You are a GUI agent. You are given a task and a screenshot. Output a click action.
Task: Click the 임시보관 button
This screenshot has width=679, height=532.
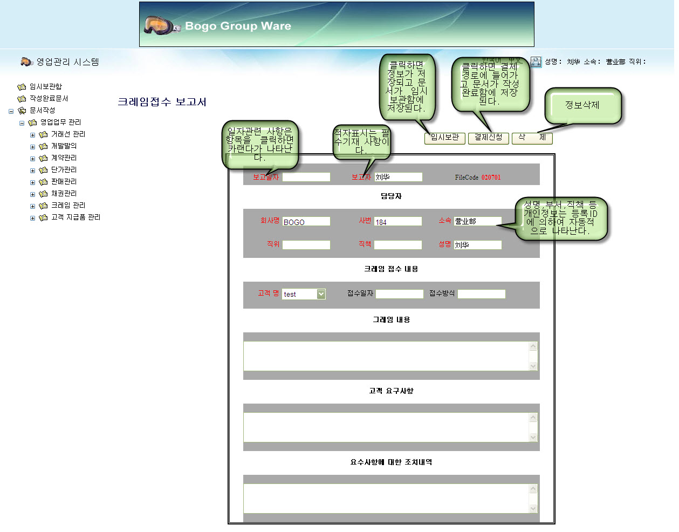[x=445, y=138]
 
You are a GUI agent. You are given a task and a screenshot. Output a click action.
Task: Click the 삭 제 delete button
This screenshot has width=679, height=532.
[x=532, y=138]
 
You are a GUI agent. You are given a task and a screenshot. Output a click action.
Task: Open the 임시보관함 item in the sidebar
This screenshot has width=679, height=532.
[x=45, y=86]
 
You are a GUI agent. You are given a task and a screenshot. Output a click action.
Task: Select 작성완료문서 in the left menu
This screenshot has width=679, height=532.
[x=49, y=98]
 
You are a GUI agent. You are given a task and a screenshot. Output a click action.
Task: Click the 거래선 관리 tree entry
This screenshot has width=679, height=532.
[x=68, y=134]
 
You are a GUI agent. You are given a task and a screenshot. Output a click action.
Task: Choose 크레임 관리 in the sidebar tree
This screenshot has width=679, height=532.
[x=68, y=205]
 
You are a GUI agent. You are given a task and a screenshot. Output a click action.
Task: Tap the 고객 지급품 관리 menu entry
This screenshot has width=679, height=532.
[x=76, y=217]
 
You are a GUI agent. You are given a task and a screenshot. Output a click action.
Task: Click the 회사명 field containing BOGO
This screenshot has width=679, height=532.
[x=306, y=222]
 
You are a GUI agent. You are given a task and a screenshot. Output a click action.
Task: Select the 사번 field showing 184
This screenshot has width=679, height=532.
[x=397, y=222]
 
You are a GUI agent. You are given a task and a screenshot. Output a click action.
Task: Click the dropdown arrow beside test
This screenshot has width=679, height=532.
[x=321, y=294]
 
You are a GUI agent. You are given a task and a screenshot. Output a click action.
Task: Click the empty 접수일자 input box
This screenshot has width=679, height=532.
[x=400, y=294]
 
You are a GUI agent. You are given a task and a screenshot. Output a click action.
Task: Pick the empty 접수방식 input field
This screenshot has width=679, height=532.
[x=481, y=294]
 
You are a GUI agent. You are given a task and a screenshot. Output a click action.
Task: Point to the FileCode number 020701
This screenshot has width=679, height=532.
[x=491, y=178]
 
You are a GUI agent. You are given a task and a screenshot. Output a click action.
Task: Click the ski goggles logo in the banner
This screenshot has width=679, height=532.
[x=161, y=25]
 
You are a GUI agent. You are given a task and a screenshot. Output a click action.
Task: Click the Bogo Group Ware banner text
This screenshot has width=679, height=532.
[x=238, y=26]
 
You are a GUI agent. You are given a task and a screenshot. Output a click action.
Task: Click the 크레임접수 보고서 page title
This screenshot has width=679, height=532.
[x=162, y=102]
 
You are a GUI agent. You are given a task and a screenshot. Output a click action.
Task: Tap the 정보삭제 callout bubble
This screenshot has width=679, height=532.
[x=582, y=105]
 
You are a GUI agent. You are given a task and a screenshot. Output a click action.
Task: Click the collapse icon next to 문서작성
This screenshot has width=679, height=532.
[x=11, y=111]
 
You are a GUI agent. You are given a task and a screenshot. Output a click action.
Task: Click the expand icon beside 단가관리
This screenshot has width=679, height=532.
[x=32, y=170]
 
